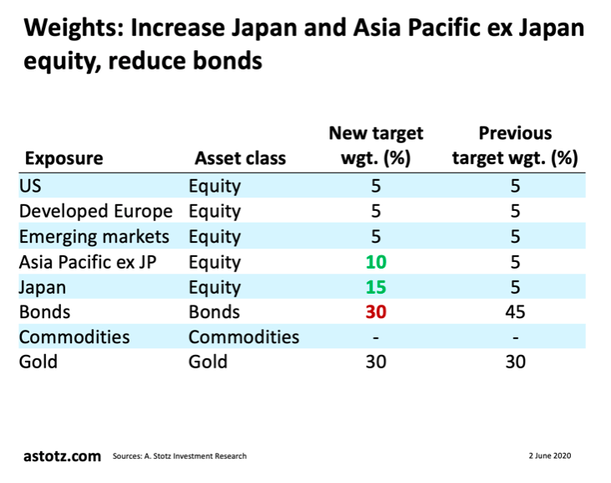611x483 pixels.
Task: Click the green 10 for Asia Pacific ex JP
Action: point(375,262)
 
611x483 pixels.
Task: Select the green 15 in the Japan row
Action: point(375,287)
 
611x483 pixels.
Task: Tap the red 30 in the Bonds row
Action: point(375,312)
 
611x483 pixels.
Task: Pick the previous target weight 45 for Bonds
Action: point(515,312)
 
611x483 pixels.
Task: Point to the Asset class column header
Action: point(240,158)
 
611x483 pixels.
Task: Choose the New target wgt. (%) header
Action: point(376,146)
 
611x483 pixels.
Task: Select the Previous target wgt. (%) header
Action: point(515,146)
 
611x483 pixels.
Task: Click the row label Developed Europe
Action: point(95,211)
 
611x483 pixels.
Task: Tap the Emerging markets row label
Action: point(94,236)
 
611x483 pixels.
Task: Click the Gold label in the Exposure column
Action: point(38,362)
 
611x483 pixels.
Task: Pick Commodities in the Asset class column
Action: point(243,337)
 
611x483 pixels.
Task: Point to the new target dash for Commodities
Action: point(375,338)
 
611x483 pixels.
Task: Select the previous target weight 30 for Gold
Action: point(515,362)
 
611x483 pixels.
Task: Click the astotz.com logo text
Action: point(60,455)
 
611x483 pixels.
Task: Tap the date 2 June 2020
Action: point(549,455)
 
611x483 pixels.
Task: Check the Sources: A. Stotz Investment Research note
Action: point(180,456)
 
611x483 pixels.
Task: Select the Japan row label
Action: point(43,287)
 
